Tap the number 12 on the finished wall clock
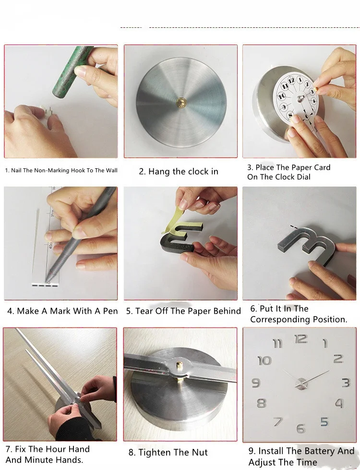click(x=300, y=340)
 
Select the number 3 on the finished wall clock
click(x=346, y=383)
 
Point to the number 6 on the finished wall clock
click(x=300, y=428)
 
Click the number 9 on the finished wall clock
click(x=256, y=383)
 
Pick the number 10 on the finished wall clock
click(x=264, y=360)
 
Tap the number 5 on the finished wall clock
click(x=324, y=422)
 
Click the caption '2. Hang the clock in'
click(x=179, y=172)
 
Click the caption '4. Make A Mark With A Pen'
click(x=62, y=311)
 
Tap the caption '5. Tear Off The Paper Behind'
click(x=183, y=311)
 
